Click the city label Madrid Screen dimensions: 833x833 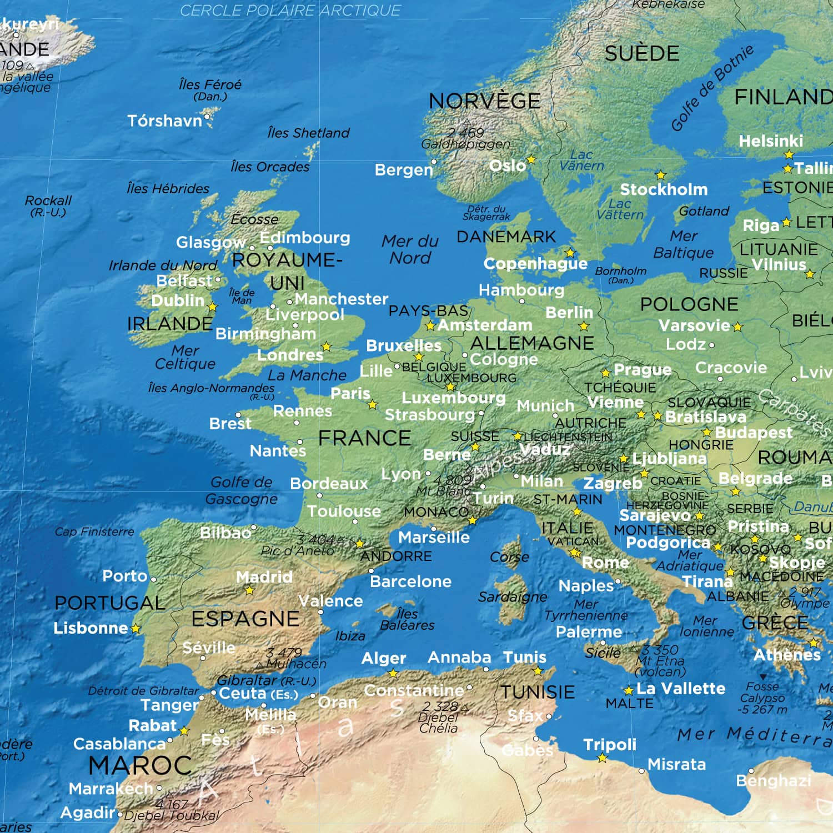(264, 577)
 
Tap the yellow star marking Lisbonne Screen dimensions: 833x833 (136, 629)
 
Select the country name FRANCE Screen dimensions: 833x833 (364, 438)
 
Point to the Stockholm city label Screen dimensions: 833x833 (664, 189)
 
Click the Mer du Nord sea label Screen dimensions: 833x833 (410, 249)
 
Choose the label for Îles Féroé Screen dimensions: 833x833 (210, 85)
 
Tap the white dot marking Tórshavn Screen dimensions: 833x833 (207, 117)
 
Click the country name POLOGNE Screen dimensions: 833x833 (689, 304)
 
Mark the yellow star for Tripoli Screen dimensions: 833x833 (603, 758)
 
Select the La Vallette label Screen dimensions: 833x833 (681, 689)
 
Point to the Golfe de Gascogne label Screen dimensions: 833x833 (242, 490)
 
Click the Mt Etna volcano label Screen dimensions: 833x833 (660, 661)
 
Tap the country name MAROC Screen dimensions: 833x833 (140, 766)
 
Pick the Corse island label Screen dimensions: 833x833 (509, 557)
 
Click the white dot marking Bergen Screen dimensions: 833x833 (434, 162)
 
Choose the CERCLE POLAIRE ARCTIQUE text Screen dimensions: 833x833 (290, 11)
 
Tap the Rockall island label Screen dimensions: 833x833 (48, 201)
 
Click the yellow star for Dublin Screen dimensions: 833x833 (212, 307)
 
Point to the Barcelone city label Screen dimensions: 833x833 (410, 581)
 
